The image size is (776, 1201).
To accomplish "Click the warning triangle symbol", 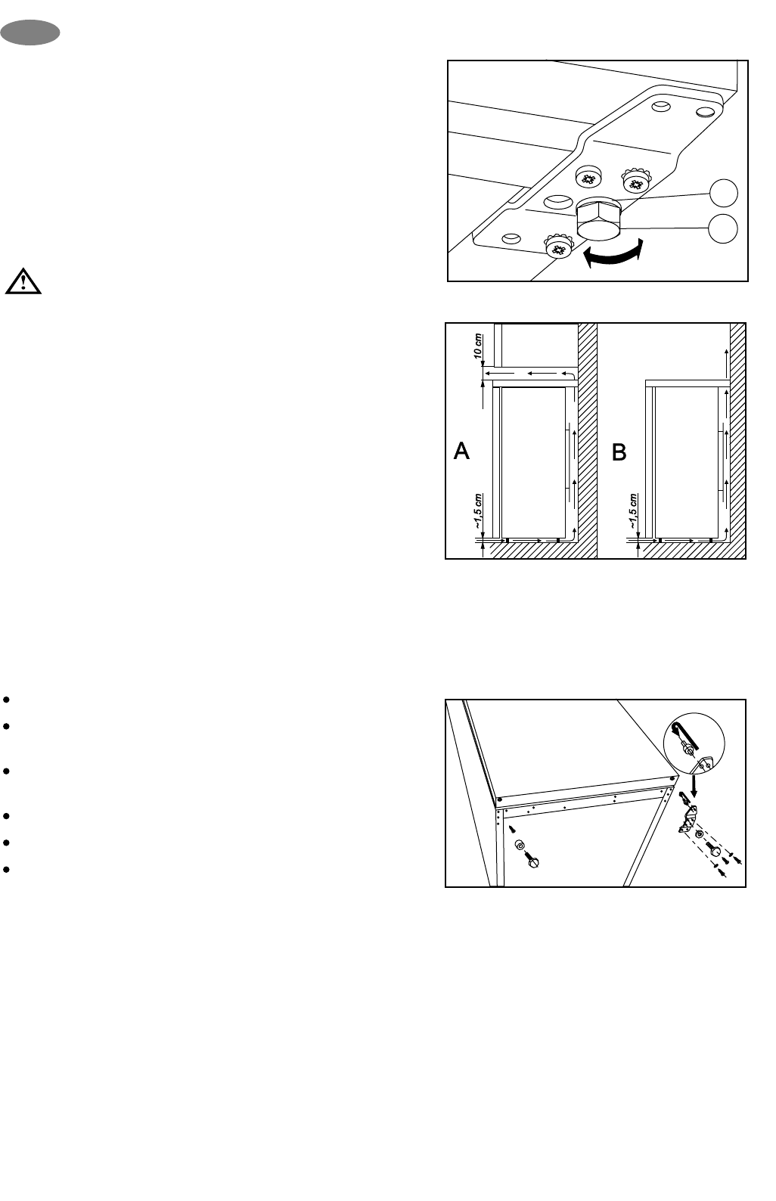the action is pos(23,281).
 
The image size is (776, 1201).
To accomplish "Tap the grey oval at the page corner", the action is pos(30,33).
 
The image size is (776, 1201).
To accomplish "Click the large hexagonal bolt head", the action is pos(598,220).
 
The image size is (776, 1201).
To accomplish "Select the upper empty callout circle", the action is pos(724,193).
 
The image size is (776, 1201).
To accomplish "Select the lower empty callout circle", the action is pos(724,228).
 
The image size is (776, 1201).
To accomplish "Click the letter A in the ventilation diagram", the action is pos(461,452).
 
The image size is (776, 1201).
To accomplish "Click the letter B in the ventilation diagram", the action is pos(619,452).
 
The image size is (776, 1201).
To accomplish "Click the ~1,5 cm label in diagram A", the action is pos(478,512).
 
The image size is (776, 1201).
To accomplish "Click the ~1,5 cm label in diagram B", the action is pos(634,512).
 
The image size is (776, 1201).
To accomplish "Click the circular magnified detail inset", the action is pos(694,747).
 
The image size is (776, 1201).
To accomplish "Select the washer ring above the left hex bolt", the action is pos(520,845).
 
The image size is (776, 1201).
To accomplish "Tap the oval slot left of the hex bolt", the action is pos(558,202).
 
